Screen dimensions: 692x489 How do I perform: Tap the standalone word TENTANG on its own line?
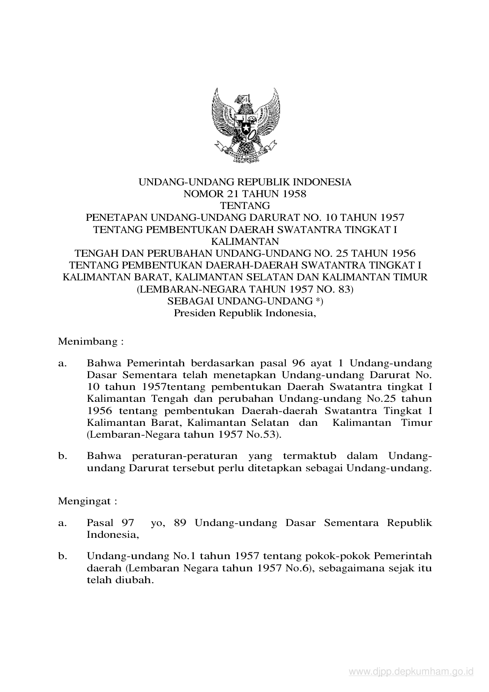244,205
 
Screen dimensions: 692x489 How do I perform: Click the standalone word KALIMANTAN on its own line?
244,241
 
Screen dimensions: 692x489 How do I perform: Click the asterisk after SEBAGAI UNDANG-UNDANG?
317,301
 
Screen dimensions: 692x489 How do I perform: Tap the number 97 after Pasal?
128,523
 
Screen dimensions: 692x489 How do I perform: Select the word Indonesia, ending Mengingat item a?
113,535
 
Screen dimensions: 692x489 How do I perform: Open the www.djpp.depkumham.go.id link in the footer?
411,671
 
